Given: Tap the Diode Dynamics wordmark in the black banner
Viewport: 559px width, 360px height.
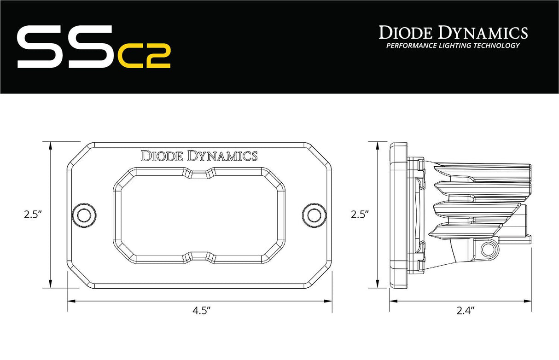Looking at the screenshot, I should click(x=453, y=33).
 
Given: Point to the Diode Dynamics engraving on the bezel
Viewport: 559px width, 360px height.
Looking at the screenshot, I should click(x=199, y=156).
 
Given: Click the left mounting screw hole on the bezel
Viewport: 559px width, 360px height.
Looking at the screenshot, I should click(x=84, y=215).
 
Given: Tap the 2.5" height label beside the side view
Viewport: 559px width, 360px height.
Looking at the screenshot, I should click(x=360, y=215).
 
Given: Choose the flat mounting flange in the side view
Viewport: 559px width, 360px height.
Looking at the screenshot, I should click(x=398, y=215).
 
